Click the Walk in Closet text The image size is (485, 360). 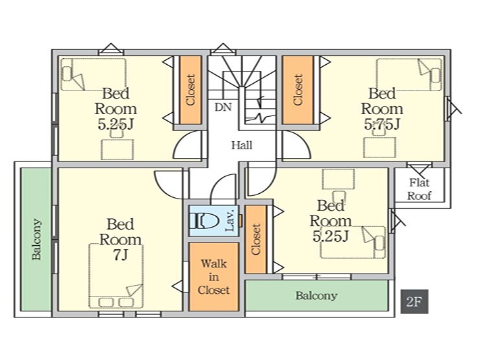click(x=213, y=277)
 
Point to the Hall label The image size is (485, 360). click(x=241, y=145)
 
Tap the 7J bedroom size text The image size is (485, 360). click(x=121, y=255)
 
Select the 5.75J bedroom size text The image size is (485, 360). click(x=382, y=124)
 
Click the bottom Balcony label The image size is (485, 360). click(x=316, y=296)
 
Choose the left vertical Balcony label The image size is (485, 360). click(x=36, y=240)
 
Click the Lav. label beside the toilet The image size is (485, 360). click(x=230, y=220)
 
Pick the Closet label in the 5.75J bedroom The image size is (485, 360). click(x=297, y=90)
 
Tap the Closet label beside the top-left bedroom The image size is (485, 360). click(x=190, y=90)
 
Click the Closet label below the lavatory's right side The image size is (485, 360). click(x=255, y=239)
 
